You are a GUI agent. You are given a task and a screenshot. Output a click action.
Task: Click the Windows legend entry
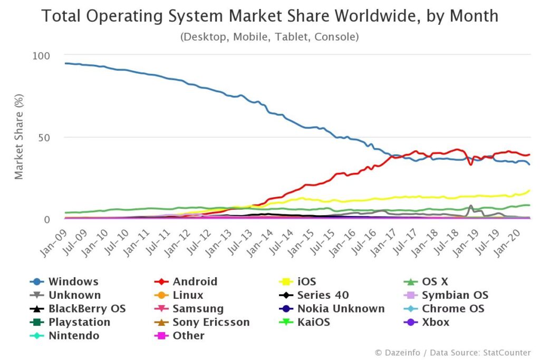73,281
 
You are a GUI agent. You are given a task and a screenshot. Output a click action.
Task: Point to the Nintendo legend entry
73,335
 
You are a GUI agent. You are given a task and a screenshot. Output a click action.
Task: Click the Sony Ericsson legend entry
211,322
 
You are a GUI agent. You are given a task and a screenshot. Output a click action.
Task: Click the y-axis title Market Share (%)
20,138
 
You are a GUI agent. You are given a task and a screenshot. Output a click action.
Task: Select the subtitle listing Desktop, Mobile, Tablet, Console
269,37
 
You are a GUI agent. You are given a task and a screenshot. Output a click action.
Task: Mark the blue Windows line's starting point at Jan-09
65,63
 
